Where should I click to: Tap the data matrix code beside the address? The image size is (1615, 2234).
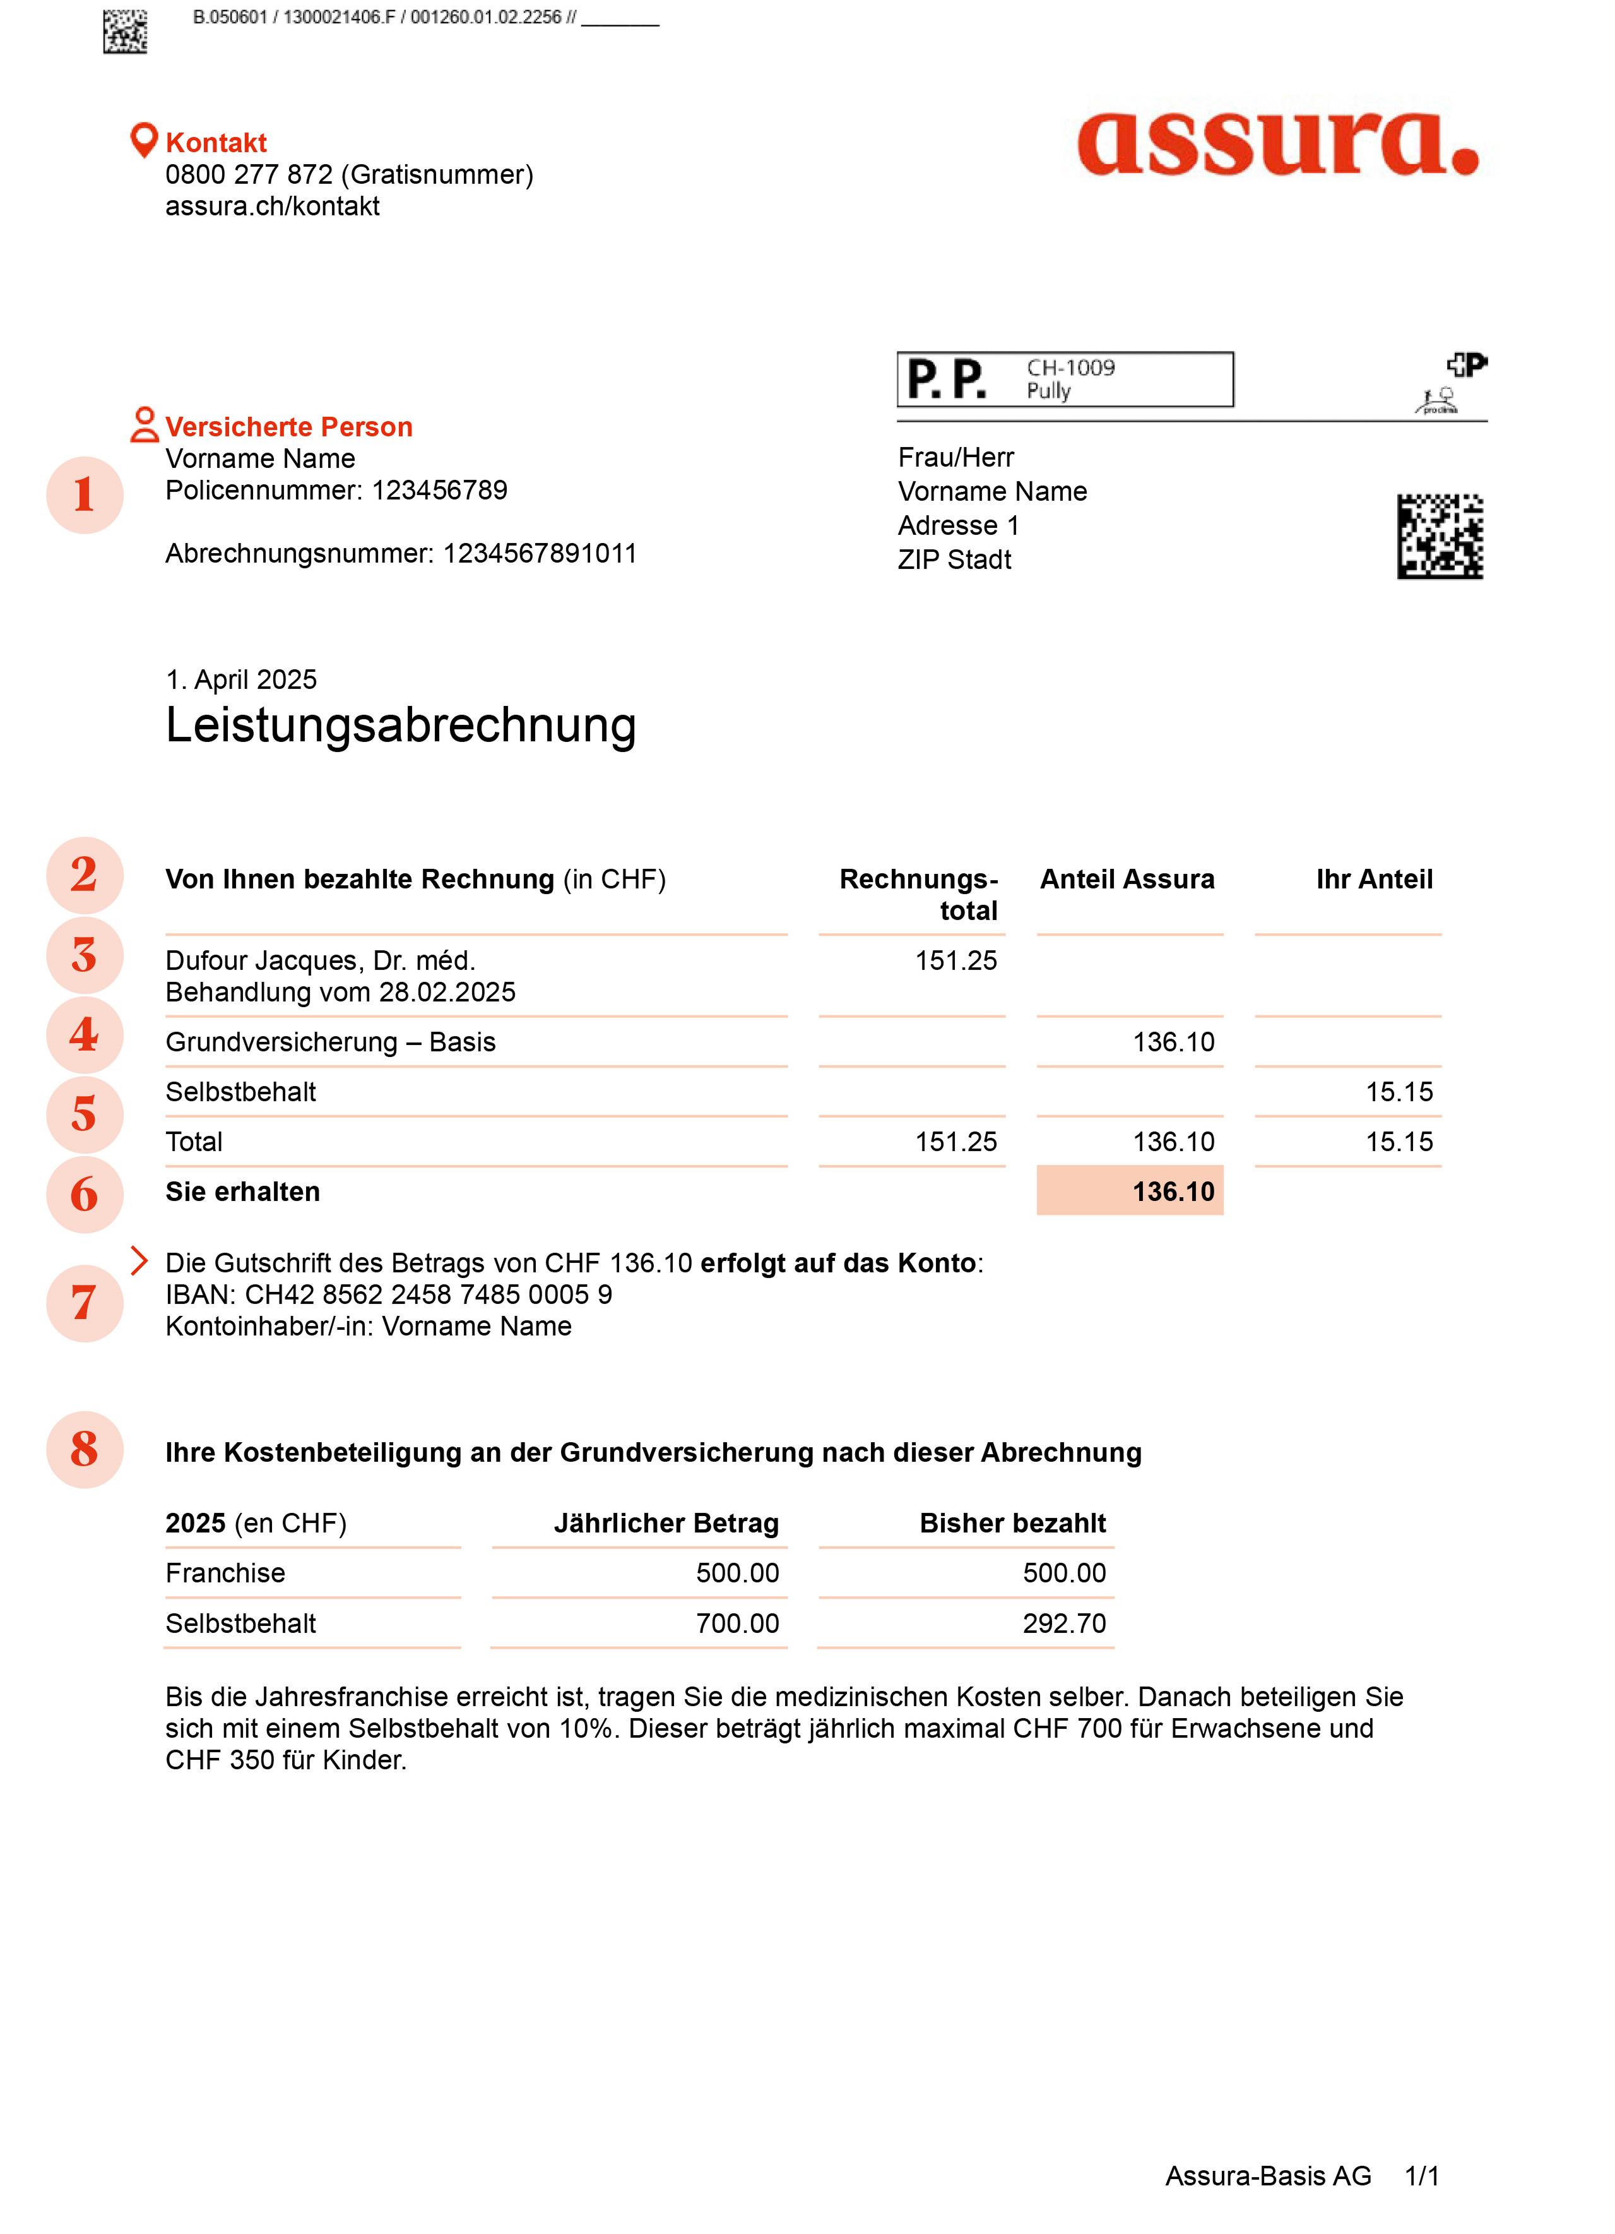pos(1439,536)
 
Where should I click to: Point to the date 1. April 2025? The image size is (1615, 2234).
pos(241,679)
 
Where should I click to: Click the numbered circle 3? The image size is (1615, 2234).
pos(85,955)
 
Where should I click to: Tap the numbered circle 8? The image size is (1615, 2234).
pos(85,1449)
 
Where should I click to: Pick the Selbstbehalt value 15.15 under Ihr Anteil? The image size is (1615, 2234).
pos(1399,1091)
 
